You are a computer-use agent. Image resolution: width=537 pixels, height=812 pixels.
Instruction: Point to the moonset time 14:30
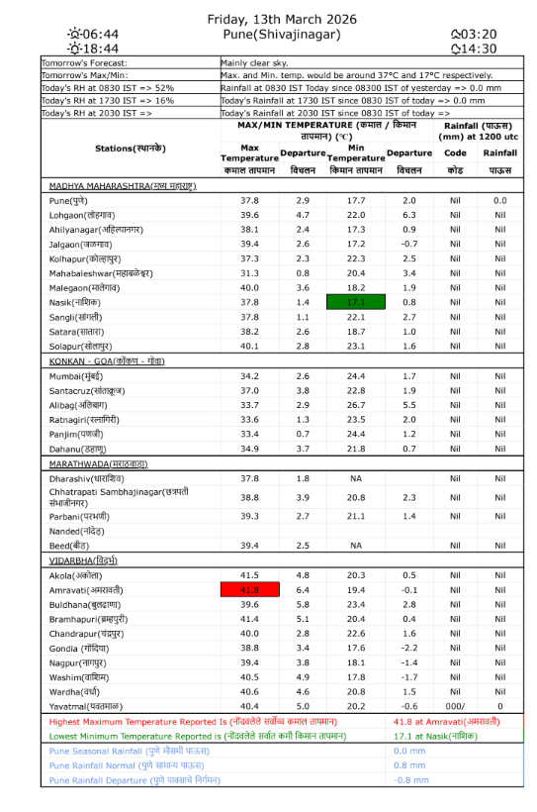(x=480, y=49)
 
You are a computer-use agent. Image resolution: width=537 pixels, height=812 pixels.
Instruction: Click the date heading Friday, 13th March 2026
(x=282, y=19)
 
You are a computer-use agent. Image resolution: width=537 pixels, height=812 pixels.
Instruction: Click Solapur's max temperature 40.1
(x=249, y=347)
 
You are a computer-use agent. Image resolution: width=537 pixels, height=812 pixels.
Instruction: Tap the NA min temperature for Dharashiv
(x=356, y=478)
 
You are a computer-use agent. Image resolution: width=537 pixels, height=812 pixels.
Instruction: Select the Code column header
(x=455, y=153)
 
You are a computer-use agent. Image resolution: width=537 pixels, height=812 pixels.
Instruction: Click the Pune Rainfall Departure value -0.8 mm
(x=409, y=780)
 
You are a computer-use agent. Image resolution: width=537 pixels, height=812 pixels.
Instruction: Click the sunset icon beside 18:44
(x=74, y=49)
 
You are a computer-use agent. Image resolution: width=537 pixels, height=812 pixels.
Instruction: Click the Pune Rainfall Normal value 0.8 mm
(x=409, y=765)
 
